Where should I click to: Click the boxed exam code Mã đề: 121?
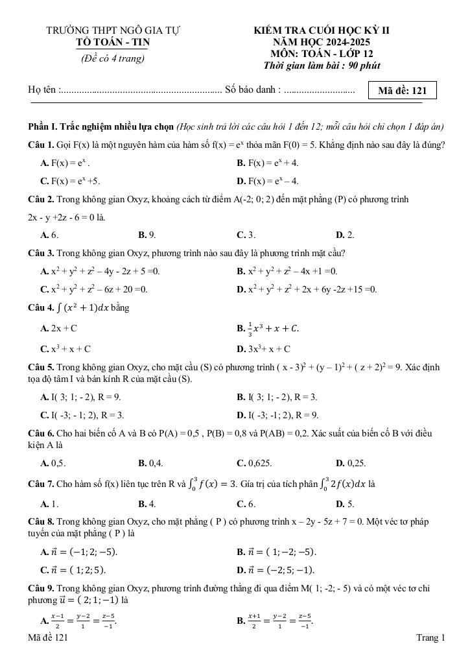point(402,90)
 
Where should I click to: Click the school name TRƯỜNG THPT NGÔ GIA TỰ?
point(113,30)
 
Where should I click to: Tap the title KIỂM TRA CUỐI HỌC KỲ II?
point(322,30)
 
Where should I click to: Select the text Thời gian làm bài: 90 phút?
point(322,65)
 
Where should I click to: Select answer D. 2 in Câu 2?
point(345,235)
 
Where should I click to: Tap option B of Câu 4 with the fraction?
point(268,329)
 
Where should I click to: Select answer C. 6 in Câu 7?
point(246,503)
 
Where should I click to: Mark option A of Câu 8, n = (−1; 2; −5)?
point(79,552)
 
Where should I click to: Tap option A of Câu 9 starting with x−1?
point(78,621)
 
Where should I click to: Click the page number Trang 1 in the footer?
point(430,639)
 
